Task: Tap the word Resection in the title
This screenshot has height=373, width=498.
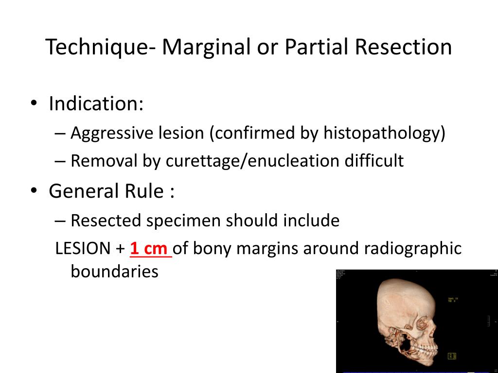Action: [x=403, y=47]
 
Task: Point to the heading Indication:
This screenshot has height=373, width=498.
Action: [x=96, y=103]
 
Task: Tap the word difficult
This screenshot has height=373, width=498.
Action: [x=374, y=161]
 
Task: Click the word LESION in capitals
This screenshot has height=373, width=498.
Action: [x=83, y=248]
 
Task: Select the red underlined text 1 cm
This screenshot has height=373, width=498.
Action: [x=150, y=248]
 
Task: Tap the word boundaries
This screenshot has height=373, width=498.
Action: [x=114, y=271]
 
